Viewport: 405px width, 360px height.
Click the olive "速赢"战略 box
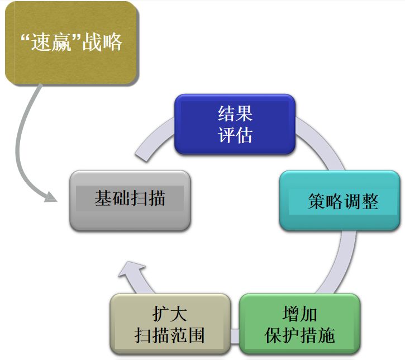[x=71, y=43]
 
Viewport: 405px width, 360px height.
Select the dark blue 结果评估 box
[x=235, y=124]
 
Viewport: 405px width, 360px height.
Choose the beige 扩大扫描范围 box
[x=170, y=324]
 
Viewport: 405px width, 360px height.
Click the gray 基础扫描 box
[x=130, y=200]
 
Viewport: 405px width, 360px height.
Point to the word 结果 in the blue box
[x=235, y=113]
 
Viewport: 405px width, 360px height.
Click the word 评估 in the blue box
[x=235, y=135]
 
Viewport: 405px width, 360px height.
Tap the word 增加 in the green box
[x=299, y=314]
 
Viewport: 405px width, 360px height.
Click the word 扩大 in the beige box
[x=170, y=314]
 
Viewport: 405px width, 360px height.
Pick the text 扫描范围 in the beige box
[x=170, y=335]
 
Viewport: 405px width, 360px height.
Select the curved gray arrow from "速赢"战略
[x=22, y=140]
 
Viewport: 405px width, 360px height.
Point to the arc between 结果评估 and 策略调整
[x=318, y=143]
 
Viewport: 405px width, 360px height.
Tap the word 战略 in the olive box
[x=102, y=43]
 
